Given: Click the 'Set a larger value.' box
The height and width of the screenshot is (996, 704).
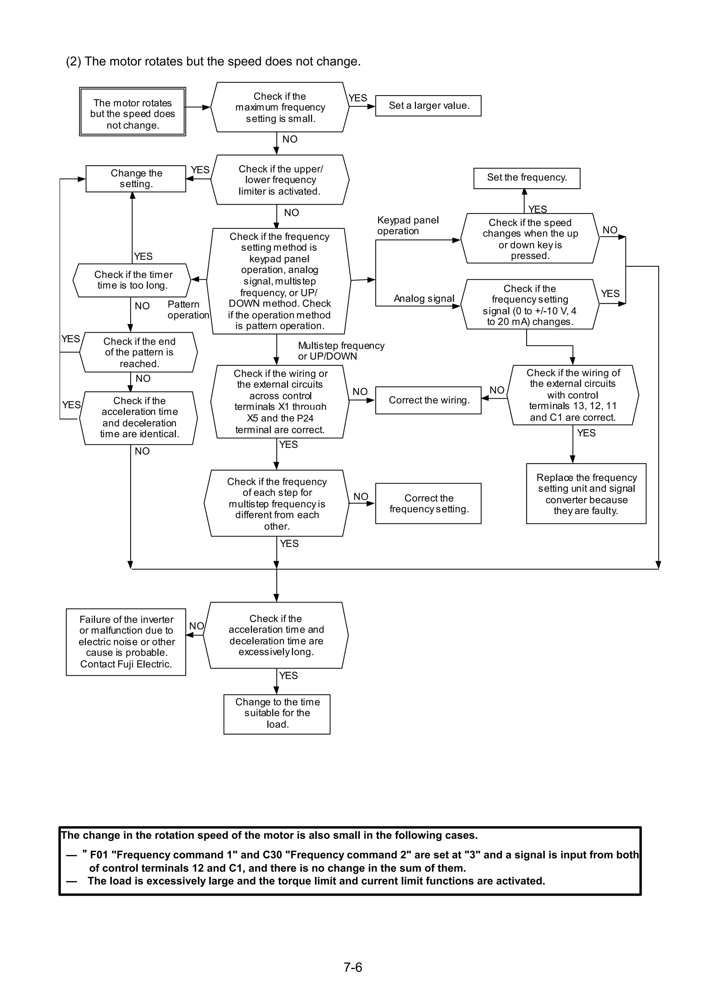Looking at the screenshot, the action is coord(428,106).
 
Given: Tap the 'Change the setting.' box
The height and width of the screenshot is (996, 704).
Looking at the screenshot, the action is coord(136,178).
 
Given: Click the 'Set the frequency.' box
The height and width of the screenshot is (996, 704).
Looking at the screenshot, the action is coord(527,178).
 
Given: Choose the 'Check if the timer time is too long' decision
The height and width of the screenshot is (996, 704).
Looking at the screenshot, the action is coord(132,280).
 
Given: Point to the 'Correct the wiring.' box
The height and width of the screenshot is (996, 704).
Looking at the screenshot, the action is coord(428,400).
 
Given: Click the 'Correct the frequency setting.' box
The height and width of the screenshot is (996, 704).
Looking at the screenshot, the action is coord(428,503).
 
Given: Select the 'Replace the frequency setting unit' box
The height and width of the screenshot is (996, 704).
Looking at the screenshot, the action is coord(586,494).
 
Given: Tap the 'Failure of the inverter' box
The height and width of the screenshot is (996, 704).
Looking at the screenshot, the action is coord(126,642).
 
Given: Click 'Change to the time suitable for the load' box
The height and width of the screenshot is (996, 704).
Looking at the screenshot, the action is coord(277,714).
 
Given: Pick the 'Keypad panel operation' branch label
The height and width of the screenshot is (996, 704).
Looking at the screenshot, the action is coord(408,225).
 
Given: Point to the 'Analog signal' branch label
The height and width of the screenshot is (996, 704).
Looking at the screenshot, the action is coord(424,298).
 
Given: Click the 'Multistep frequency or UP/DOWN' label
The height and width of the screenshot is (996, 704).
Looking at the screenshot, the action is coord(341,351).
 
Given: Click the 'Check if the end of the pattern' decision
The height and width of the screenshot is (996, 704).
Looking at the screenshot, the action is coord(139,352).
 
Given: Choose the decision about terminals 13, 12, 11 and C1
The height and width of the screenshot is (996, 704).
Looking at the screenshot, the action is coord(573,395).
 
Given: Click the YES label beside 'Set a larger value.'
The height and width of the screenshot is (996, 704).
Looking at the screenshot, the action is coord(358,98).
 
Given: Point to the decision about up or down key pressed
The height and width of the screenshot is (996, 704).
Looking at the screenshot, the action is coord(530,238).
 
